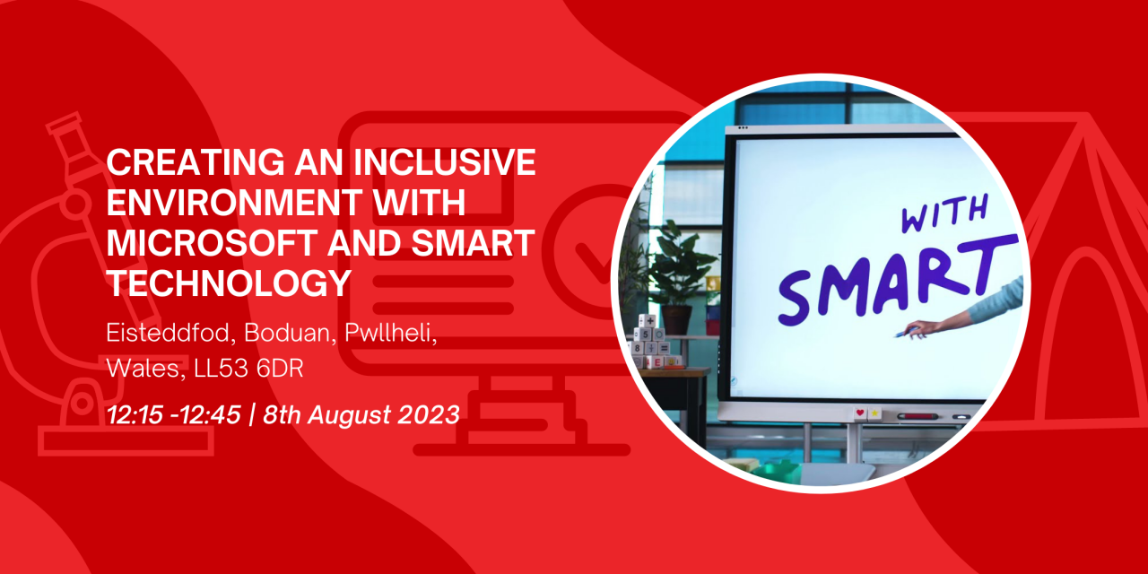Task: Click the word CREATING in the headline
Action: pos(196,162)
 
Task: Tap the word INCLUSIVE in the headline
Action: pos(445,162)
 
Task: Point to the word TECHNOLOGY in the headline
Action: pos(229,283)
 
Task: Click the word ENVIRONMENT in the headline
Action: pos(234,203)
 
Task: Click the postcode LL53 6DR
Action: pos(249,369)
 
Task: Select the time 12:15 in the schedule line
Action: pos(135,414)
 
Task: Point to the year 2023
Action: pos(429,414)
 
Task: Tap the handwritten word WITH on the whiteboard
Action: pos(944,213)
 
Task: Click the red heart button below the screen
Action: pos(860,413)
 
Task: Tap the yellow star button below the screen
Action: pos(874,413)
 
